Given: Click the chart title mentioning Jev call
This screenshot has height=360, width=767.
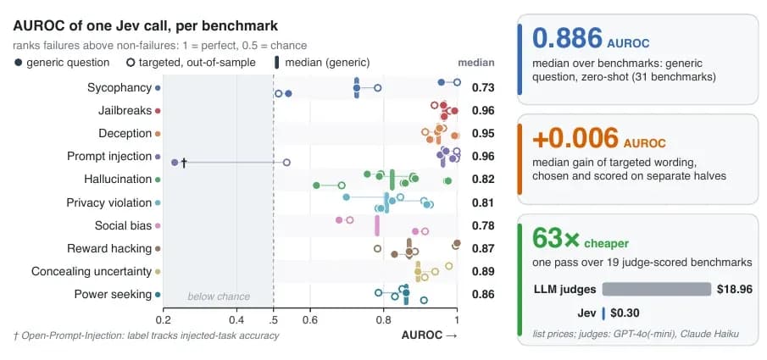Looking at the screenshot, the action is click(145, 26).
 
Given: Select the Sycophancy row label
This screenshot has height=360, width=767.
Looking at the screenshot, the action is click(119, 88).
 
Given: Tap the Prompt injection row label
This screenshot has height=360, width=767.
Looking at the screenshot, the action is click(109, 157).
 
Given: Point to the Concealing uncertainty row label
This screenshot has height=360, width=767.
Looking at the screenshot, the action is click(92, 271).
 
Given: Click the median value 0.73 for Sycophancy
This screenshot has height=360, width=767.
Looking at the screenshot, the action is click(483, 88).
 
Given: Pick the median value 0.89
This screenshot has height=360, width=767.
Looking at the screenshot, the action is click(483, 271).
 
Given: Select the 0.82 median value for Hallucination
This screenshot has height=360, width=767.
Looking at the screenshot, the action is click(483, 180).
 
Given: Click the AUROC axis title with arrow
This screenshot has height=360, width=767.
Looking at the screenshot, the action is click(429, 335).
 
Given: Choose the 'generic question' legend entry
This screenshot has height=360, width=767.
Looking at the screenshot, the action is click(61, 63).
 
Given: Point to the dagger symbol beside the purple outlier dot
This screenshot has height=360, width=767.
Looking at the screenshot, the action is click(184, 163).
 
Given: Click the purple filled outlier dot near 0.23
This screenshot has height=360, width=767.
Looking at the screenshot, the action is click(174, 163).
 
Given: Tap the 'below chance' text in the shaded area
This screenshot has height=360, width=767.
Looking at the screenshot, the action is click(219, 296).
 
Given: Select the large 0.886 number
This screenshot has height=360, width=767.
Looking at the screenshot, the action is click(567, 38).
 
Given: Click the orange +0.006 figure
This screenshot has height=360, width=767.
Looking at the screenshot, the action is click(575, 138).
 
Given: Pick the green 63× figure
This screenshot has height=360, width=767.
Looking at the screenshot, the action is click(556, 238).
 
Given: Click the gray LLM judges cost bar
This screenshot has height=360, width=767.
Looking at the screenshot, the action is click(657, 289).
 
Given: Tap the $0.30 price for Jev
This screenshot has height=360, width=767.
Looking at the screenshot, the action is click(625, 313).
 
